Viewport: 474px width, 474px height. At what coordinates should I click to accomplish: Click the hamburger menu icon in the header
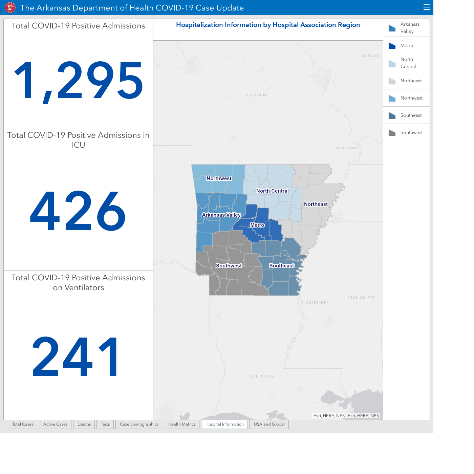coord(426,7)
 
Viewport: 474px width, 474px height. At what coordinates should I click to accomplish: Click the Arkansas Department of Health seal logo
coord(10,8)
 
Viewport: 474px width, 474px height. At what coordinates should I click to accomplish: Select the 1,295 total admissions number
coord(79,81)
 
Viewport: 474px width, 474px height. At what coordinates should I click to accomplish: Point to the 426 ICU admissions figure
coord(78,211)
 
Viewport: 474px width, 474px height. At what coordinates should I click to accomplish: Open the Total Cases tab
coord(23,424)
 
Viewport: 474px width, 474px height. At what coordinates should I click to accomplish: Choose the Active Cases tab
coord(55,424)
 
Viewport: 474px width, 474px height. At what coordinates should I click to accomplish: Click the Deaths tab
coord(84,424)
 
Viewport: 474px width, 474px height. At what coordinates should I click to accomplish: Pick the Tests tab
coord(105,424)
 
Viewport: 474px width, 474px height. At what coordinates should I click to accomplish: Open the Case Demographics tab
coord(139,424)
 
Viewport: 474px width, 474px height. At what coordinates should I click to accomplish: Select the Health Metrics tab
coord(182,424)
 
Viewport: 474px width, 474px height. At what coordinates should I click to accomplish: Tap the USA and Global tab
coord(269,424)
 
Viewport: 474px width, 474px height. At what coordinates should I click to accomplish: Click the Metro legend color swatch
coord(392,46)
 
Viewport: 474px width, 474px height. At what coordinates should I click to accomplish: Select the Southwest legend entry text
coord(411,132)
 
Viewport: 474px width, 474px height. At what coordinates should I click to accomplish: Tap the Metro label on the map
coord(257,225)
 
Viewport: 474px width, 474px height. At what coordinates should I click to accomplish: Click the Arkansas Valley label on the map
coord(221,215)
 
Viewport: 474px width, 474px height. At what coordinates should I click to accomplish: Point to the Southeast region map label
coord(282,266)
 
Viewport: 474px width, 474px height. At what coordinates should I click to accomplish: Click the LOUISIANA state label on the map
coord(262,376)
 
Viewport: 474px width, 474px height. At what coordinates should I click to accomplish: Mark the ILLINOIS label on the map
coord(371,56)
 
